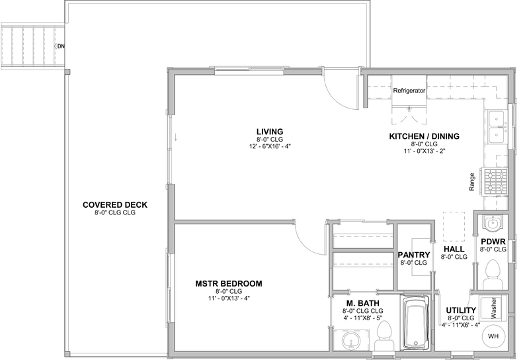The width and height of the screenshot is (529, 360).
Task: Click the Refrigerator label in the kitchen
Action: [409, 91]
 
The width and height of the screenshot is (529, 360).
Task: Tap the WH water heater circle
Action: [493, 336]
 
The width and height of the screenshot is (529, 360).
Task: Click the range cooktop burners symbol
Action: [496, 182]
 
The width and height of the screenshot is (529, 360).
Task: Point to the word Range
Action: [472, 182]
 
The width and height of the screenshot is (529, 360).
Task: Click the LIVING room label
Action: [270, 132]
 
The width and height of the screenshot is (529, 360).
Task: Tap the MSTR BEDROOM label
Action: [229, 284]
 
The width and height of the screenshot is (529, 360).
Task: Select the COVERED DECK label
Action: [115, 205]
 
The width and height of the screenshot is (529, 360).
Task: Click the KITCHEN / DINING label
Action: [424, 136]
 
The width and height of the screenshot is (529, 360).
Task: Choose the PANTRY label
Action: [414, 255]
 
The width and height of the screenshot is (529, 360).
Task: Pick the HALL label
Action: [454, 249]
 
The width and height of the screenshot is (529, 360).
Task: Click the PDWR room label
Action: [493, 242]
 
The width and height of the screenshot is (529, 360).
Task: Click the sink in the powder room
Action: [492, 223]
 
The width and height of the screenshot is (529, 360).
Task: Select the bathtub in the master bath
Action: [416, 322]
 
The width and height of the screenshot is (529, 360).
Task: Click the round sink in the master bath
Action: [351, 340]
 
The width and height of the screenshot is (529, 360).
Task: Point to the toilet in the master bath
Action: [384, 336]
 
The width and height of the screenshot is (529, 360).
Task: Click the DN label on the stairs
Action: [60, 46]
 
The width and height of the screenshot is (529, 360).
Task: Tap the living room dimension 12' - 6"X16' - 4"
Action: [270, 146]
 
